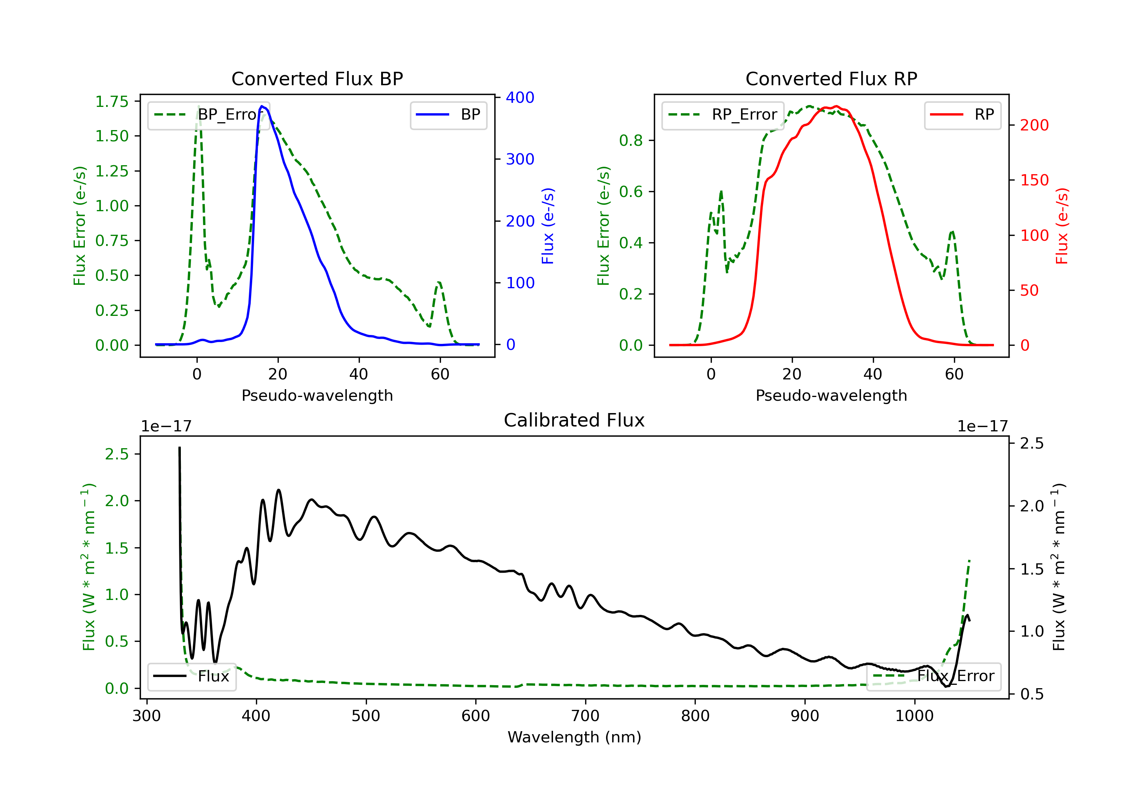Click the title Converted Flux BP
point(317,78)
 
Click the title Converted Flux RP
point(831,78)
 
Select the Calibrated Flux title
point(574,420)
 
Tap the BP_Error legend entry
point(209,115)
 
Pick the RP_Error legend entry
point(723,115)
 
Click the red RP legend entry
point(962,115)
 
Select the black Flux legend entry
point(191,676)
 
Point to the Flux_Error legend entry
point(933,676)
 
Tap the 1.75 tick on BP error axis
point(112,102)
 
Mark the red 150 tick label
point(1034,180)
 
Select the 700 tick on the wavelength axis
point(586,716)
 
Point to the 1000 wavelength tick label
point(914,716)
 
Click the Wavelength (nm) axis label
point(574,737)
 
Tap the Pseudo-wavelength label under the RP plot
point(831,395)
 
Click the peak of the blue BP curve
point(262,106)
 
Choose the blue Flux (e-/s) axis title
point(548,226)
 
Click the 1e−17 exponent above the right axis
point(982,427)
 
